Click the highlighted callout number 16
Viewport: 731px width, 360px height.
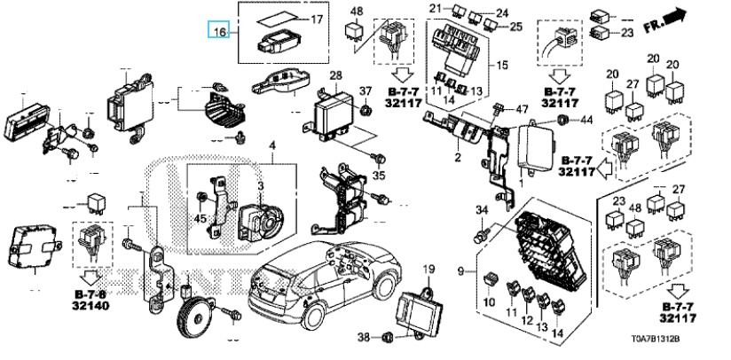point(218,32)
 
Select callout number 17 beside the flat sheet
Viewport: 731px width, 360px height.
point(317,19)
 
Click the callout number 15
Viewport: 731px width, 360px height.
point(501,66)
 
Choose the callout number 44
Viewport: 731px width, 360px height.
point(586,119)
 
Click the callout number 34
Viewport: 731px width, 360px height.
point(483,211)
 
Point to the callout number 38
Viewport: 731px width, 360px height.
point(362,338)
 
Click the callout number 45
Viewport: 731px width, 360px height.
point(200,220)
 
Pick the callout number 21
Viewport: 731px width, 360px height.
point(436,9)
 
